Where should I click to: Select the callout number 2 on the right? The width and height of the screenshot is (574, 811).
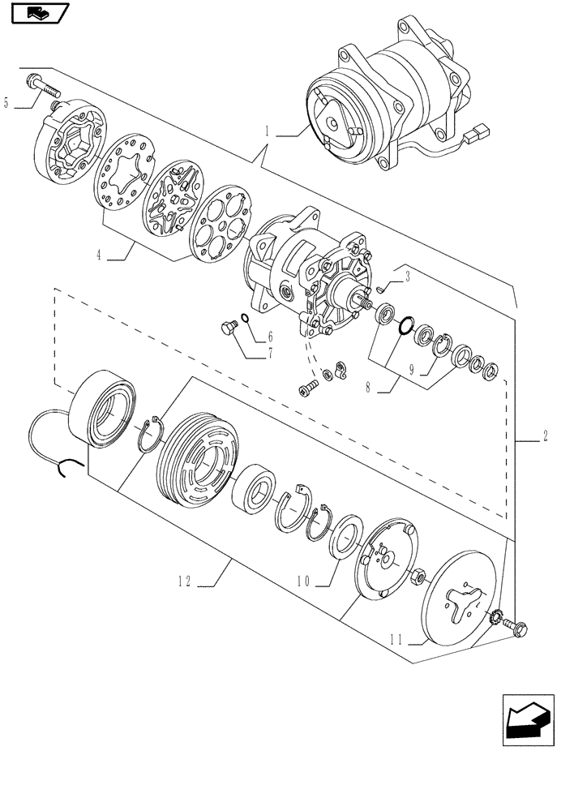(545, 437)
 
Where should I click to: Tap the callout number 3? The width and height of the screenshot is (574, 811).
(408, 277)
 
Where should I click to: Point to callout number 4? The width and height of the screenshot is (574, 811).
(98, 255)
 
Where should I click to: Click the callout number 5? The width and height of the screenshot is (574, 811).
(7, 103)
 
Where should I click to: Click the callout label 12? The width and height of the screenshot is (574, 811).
(185, 581)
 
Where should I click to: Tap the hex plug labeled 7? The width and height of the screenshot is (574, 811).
(229, 328)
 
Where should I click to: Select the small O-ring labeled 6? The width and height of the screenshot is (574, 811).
(244, 320)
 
